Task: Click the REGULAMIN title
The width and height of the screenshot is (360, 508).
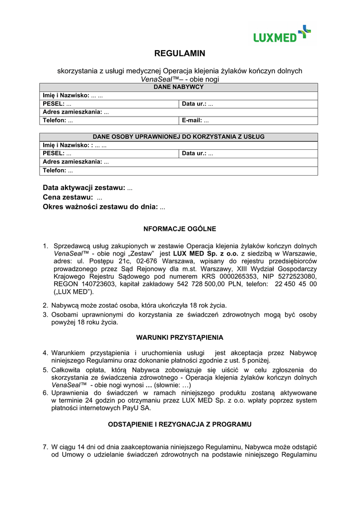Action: click(180, 54)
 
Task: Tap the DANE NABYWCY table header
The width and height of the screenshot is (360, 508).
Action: click(179, 87)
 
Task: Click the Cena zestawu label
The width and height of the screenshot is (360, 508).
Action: click(68, 197)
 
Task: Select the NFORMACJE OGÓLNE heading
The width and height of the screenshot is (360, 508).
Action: click(180, 229)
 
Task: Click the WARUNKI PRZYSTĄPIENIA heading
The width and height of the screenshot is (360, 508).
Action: click(180, 337)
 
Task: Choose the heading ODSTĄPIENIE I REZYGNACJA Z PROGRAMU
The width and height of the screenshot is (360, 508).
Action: click(180, 424)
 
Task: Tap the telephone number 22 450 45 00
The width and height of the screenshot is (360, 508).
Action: click(296, 284)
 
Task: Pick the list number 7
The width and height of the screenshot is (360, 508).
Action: click(45, 447)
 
